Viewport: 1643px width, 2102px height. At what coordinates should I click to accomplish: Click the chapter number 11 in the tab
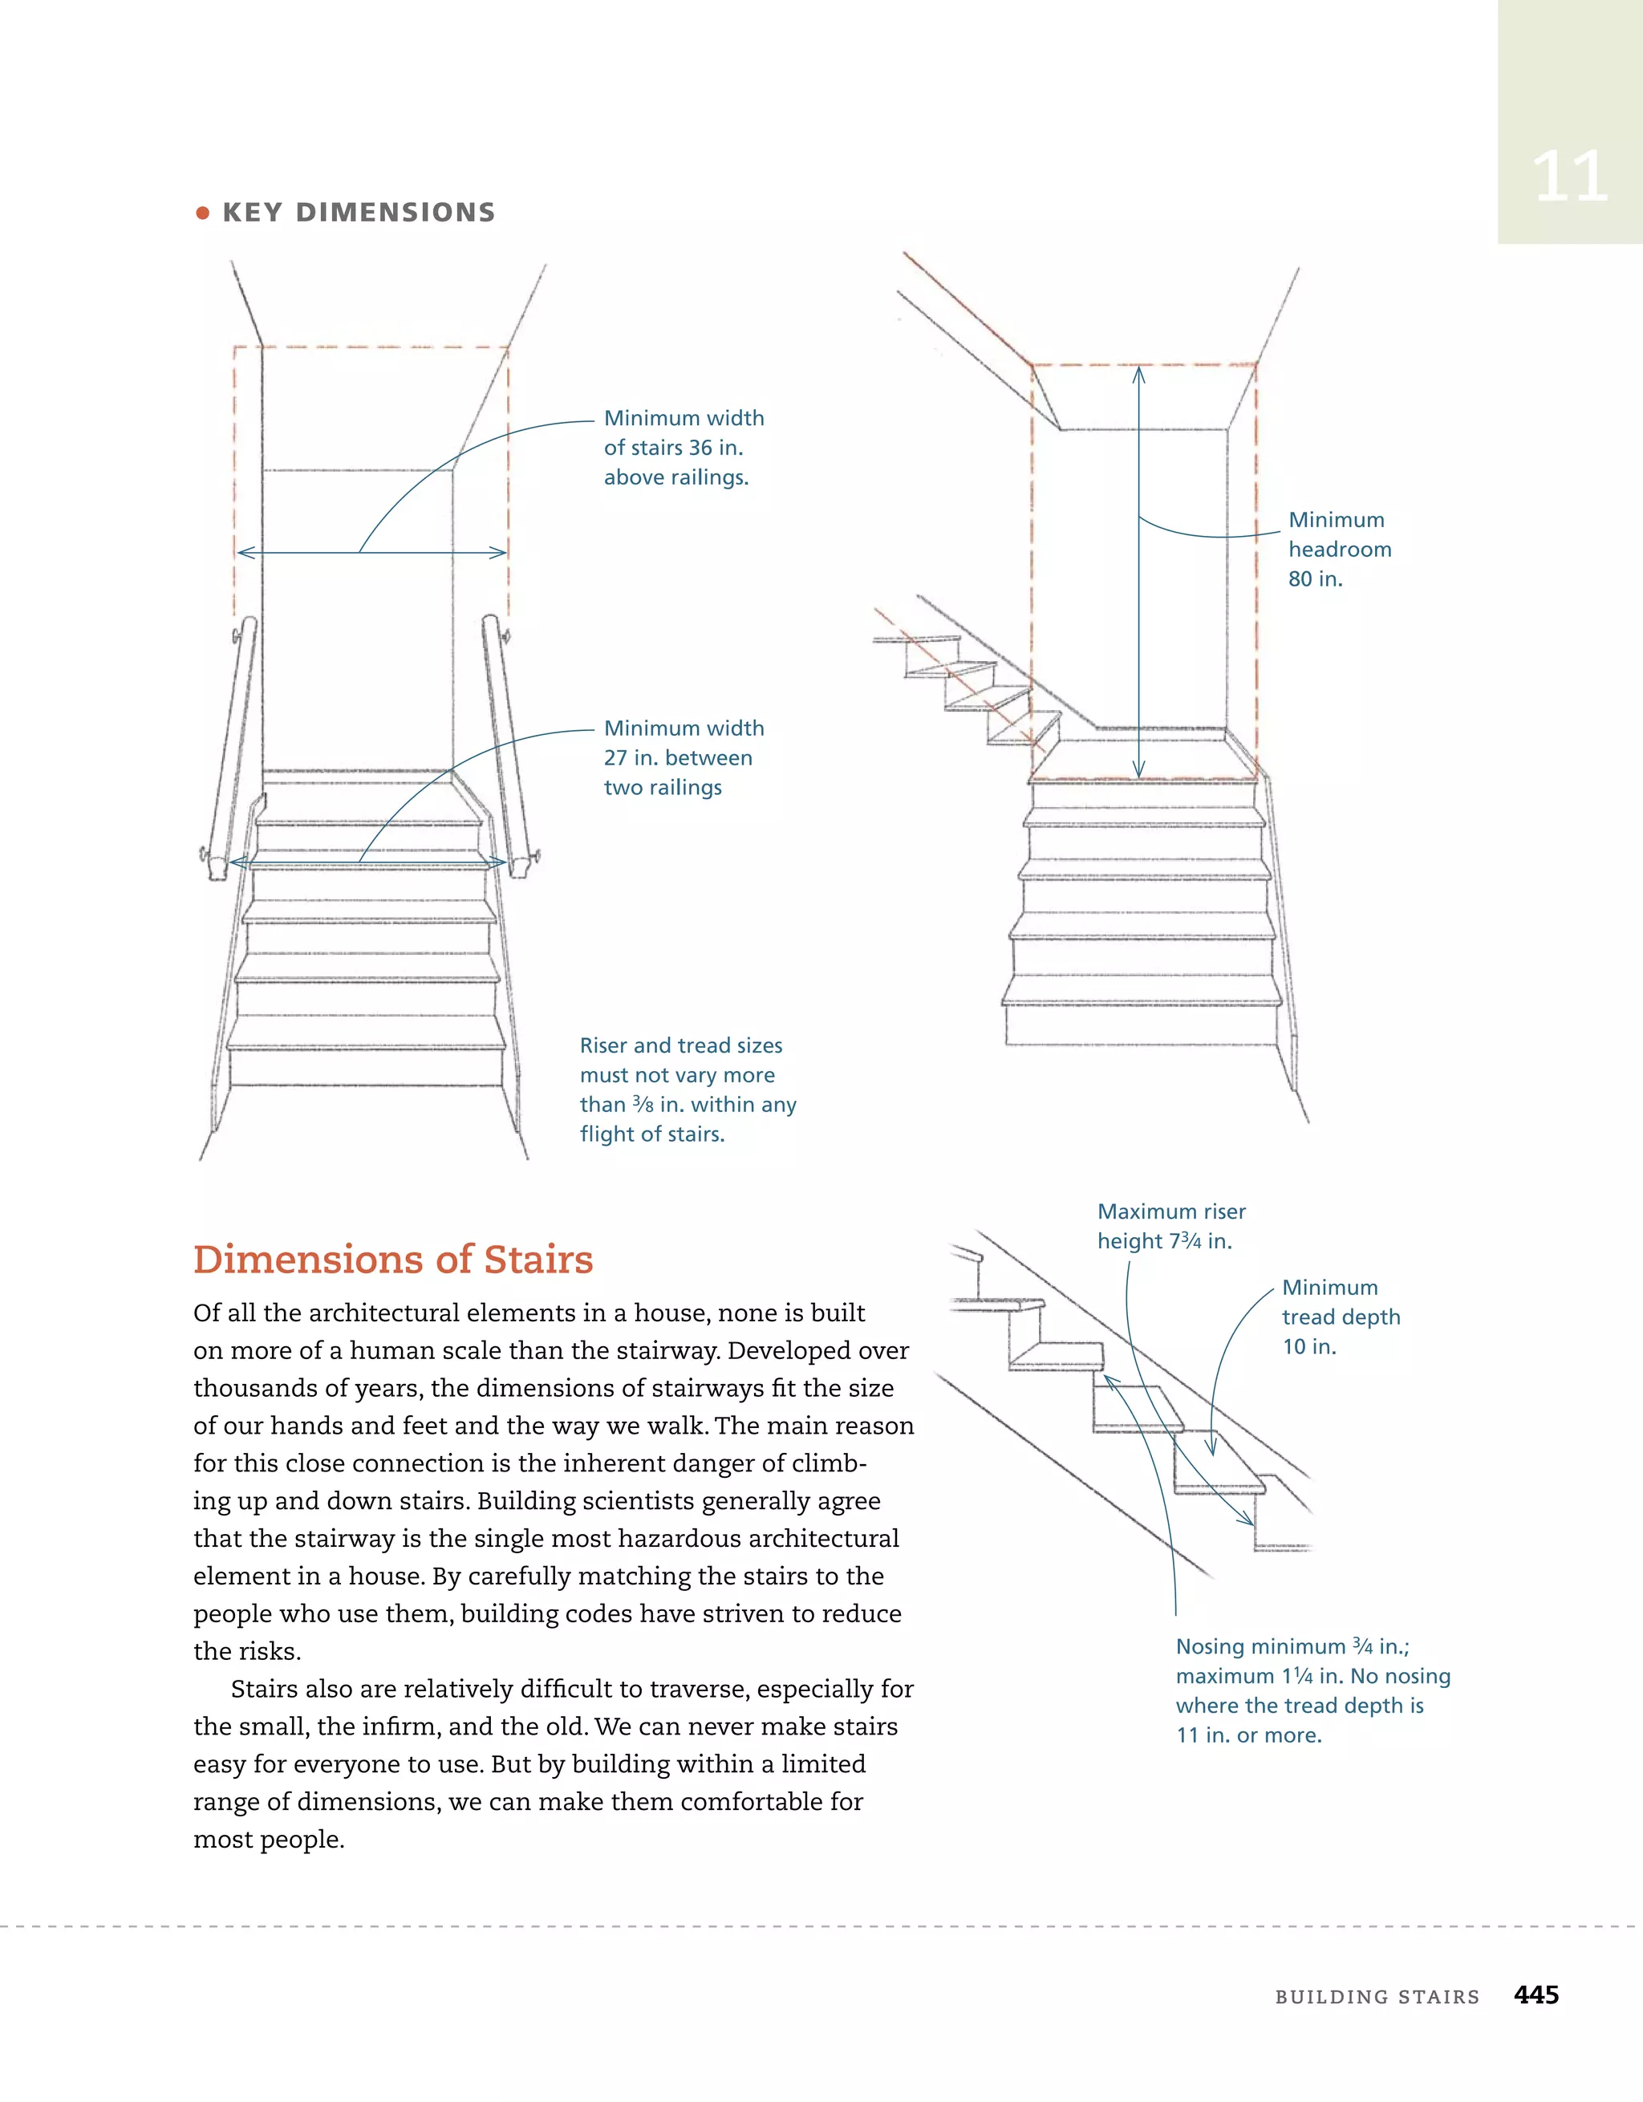(1569, 177)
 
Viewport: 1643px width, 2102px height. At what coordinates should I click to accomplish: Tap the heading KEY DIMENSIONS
(359, 213)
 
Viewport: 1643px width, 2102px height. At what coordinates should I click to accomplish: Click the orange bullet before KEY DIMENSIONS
(202, 213)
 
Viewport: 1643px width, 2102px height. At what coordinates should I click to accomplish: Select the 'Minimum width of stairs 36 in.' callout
(684, 448)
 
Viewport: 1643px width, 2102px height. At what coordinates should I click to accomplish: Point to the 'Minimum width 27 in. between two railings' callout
(684, 757)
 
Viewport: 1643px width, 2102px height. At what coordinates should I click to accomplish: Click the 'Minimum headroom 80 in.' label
(1339, 549)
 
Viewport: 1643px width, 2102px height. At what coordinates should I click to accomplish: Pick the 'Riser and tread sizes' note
(688, 1090)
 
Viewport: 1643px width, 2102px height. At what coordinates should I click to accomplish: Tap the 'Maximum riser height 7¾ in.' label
(1170, 1226)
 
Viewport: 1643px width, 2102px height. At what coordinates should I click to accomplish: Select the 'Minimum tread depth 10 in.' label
(1340, 1317)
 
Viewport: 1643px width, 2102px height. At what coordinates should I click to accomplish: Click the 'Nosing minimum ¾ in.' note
(1312, 1690)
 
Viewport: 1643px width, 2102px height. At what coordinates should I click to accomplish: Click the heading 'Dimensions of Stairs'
(393, 1259)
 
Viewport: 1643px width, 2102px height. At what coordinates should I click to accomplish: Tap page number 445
(1536, 1995)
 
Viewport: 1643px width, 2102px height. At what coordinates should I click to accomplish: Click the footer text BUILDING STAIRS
(1377, 1997)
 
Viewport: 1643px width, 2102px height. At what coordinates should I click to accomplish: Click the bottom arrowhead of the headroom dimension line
(1138, 772)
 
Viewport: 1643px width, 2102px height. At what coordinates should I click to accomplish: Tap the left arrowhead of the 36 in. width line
(241, 553)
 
